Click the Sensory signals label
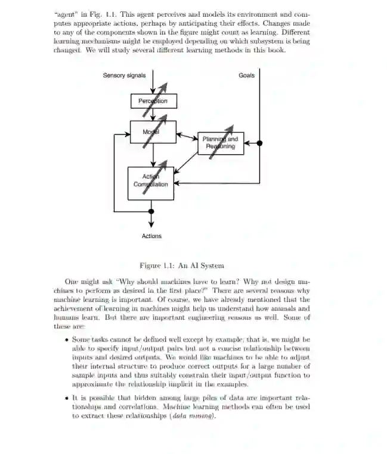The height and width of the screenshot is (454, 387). (x=123, y=76)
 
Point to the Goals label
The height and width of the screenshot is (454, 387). (x=246, y=76)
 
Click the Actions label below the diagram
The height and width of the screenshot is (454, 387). (x=151, y=236)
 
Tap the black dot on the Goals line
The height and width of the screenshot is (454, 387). (x=259, y=143)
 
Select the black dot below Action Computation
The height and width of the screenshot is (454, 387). (x=151, y=211)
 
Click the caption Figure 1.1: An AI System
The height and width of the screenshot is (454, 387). (x=181, y=265)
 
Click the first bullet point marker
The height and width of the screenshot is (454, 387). (x=66, y=340)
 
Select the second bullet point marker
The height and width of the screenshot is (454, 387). (x=66, y=397)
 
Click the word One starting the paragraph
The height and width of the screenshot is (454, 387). (x=71, y=281)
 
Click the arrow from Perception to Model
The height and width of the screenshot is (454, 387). (x=153, y=114)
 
